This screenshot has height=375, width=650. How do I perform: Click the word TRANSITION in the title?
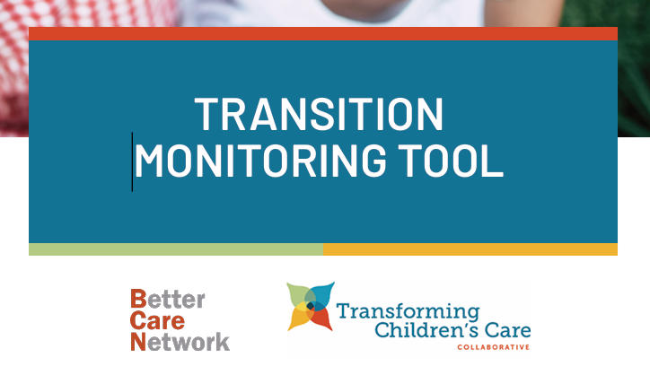[x=319, y=114]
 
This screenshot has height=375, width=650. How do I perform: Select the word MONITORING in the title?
[x=260, y=161]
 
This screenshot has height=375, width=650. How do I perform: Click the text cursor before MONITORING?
[x=132, y=162]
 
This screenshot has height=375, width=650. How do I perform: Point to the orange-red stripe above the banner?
[x=323, y=33]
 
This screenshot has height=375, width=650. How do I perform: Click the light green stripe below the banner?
[x=176, y=249]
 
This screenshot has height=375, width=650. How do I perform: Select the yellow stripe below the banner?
[x=470, y=249]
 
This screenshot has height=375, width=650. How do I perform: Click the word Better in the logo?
[x=168, y=299]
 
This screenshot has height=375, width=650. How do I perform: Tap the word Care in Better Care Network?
[x=157, y=320]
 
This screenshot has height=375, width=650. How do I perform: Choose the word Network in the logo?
[x=180, y=342]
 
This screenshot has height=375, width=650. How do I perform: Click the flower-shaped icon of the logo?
[x=311, y=307]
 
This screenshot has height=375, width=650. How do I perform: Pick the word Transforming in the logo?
[x=408, y=311]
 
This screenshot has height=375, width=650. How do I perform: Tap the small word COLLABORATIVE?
[x=493, y=347]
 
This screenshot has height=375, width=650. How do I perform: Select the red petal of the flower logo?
[x=321, y=319]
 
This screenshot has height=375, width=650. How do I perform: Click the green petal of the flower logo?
[x=299, y=294]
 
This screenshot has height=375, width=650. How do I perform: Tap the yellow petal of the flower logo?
[x=299, y=318]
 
